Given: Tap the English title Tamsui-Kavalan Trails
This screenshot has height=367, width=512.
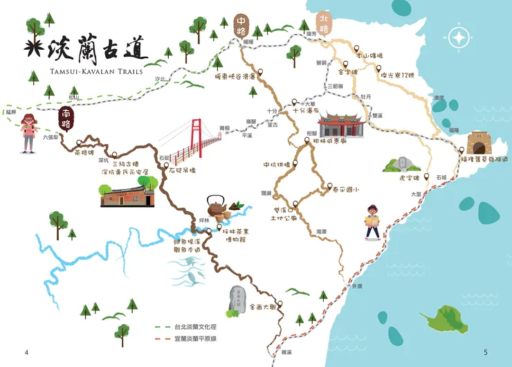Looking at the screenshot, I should click(86, 71).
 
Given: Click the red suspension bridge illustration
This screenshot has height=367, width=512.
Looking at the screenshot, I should click(197, 141).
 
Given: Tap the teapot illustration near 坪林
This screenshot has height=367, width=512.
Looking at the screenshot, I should click(216, 206).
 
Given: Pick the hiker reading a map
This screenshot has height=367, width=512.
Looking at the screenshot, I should click(372, 222).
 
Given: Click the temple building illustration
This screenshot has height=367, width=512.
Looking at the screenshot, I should click(341, 125).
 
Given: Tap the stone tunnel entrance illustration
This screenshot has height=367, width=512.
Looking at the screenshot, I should click(479, 143).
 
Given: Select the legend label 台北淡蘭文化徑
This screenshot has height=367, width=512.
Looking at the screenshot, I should click(196, 325).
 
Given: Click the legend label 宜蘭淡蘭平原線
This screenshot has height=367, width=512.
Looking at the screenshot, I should click(196, 339).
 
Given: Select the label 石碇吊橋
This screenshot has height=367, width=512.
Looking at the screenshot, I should click(186, 168).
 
